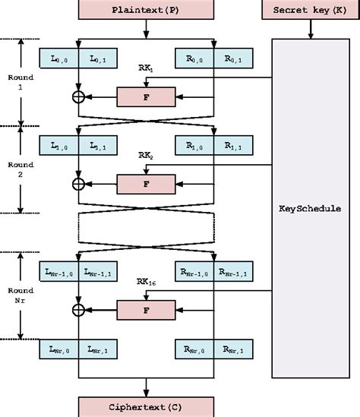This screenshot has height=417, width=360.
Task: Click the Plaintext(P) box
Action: (x=145, y=9)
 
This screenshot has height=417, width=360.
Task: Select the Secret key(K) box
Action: (x=310, y=9)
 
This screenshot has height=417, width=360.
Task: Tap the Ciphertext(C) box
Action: (x=145, y=407)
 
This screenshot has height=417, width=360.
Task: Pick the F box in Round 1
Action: (x=146, y=96)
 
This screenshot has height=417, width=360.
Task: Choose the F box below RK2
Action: (x=146, y=183)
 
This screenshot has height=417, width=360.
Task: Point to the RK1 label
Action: (x=146, y=68)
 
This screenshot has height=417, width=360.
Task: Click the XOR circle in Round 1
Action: (x=77, y=96)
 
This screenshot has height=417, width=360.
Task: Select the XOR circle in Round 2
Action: (x=77, y=183)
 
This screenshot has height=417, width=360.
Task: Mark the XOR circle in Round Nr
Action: (x=77, y=308)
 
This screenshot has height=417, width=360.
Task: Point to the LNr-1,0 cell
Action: (x=58, y=270)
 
